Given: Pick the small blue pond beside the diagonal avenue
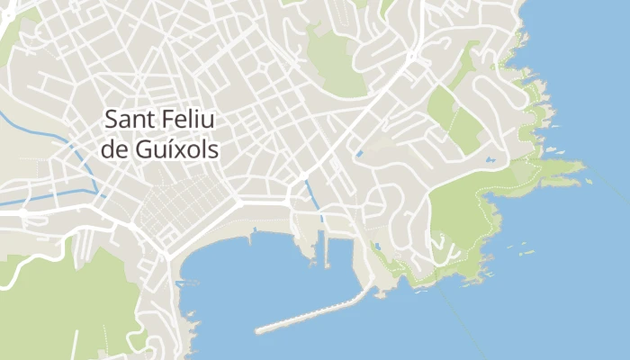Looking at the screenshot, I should (x=359, y=154).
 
